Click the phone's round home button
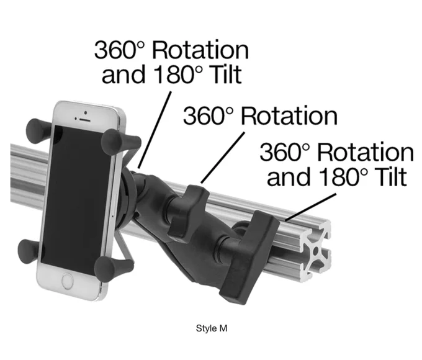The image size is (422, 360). (68, 281)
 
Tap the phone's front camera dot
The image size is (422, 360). (86, 112)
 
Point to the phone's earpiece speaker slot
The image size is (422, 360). (84, 120)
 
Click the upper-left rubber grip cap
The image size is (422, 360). (38, 131)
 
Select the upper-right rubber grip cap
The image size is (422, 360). (120, 142)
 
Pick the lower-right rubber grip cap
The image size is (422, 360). (112, 268)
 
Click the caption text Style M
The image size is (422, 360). (212, 328)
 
